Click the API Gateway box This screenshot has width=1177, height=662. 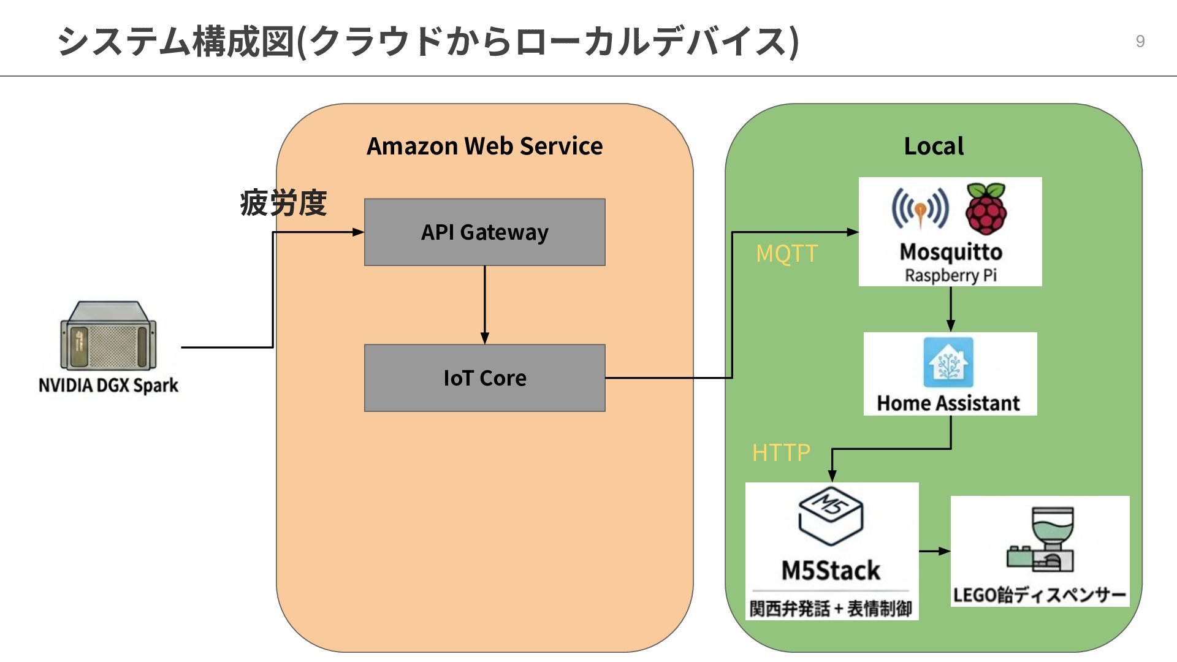point(484,232)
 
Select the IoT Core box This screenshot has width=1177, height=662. point(484,378)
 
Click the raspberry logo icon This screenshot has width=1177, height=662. point(986,208)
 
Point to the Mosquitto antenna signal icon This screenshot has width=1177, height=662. point(920,209)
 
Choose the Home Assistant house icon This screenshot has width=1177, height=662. point(948,362)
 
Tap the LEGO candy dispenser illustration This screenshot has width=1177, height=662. point(1041,539)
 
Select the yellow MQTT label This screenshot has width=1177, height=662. point(787,253)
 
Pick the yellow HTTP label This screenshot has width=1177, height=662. point(781,452)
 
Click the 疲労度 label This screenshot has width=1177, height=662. point(283,203)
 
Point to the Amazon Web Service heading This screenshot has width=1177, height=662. point(484,146)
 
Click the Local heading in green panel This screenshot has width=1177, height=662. point(934,146)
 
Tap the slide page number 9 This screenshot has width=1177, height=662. point(1140,41)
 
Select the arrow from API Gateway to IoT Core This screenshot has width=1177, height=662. point(484,305)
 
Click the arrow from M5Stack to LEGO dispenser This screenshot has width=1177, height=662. point(935,551)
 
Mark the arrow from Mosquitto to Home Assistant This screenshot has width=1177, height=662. point(951,309)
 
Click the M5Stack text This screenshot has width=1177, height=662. point(831,570)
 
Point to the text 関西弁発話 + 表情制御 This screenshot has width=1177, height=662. point(831,609)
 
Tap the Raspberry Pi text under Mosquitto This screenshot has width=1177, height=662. point(950,275)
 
